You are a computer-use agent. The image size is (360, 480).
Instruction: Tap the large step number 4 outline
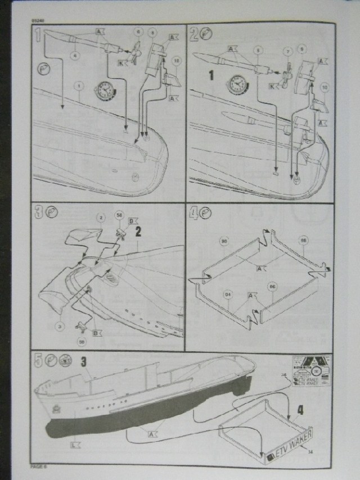194,214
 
